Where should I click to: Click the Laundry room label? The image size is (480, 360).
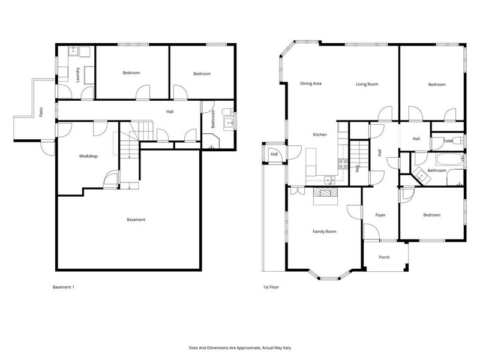78,74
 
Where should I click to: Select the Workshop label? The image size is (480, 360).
88,156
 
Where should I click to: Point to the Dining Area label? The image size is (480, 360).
311,83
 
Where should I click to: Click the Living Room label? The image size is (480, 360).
367,84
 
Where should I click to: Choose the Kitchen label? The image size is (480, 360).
320,134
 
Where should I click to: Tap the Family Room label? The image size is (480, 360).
324,231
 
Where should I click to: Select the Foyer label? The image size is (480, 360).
380,215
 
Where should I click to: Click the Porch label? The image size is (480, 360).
384,257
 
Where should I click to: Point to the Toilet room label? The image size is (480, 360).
448,141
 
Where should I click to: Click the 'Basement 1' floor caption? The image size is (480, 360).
64,287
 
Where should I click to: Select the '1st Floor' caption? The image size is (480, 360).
271,287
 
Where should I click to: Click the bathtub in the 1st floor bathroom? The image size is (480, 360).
448,160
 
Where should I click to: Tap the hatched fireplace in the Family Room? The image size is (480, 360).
326,193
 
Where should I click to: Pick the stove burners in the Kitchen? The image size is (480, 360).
344,162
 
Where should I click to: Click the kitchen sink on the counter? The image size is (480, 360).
329,179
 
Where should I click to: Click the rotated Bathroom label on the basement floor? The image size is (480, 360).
212,118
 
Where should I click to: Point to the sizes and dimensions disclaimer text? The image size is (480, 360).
240,347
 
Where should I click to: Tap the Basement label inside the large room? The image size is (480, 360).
136,220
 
